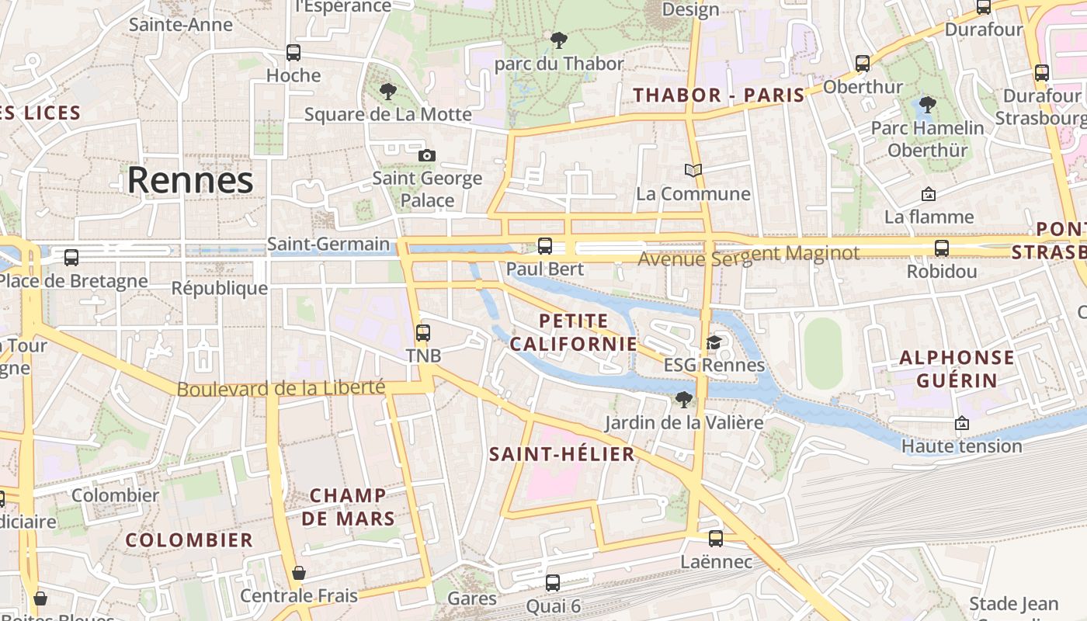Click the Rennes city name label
pyautogui.click(x=190, y=180)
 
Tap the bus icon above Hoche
pyautogui.click(x=293, y=53)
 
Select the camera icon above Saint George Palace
pyautogui.click(x=426, y=155)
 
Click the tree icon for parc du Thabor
pyautogui.click(x=558, y=40)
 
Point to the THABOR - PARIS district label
pyautogui.click(x=719, y=95)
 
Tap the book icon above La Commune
pyautogui.click(x=693, y=170)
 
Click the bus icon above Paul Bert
pyautogui.click(x=545, y=246)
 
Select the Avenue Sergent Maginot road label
pyautogui.click(x=748, y=255)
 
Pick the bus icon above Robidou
pyautogui.click(x=942, y=248)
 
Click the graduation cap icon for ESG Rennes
pyautogui.click(x=714, y=342)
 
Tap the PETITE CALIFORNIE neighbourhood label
pyautogui.click(x=573, y=331)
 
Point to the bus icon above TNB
pyautogui.click(x=423, y=332)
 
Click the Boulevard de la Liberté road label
pyautogui.click(x=281, y=388)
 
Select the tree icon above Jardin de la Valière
pyautogui.click(x=684, y=400)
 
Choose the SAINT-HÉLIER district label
pyautogui.click(x=562, y=454)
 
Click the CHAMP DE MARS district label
pyautogui.click(x=348, y=506)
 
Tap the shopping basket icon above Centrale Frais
pyautogui.click(x=299, y=573)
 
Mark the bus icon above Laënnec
pyautogui.click(x=716, y=538)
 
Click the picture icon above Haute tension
pyautogui.click(x=962, y=423)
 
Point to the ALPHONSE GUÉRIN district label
pyautogui.click(x=957, y=369)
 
